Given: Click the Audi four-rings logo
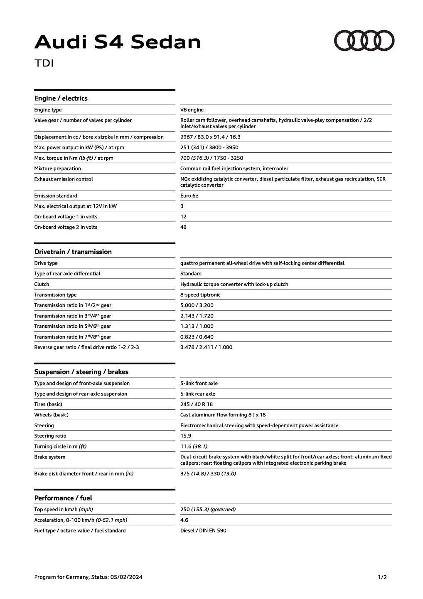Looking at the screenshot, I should coord(364,41).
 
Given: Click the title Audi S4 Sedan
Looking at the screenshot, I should coord(118,42).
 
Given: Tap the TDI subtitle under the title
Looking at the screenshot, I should coord(44,63).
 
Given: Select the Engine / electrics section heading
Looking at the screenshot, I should coord(61,98).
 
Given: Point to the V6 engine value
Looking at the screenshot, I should coord(192,110).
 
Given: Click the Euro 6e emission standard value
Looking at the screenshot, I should coord(189,196).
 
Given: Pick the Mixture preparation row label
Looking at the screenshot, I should coord(57,168).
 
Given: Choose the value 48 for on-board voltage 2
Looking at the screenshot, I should coord(183,227).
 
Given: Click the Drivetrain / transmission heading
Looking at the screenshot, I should coord(73,252).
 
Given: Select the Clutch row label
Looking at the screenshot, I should coord(42,284).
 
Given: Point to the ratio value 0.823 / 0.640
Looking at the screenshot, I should coord(197,337).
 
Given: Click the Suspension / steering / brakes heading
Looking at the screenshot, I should coord(81,372).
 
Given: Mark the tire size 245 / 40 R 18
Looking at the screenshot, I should coord(197,404).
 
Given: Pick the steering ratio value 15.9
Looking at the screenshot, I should coord(186,436).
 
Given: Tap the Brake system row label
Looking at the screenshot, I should coord(49,457).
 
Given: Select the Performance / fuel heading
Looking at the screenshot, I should coord(63,498).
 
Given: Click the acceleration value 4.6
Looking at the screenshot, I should coord(184,520).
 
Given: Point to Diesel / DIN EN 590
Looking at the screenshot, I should coord(203,530).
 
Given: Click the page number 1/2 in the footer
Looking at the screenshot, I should coord(382,577).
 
